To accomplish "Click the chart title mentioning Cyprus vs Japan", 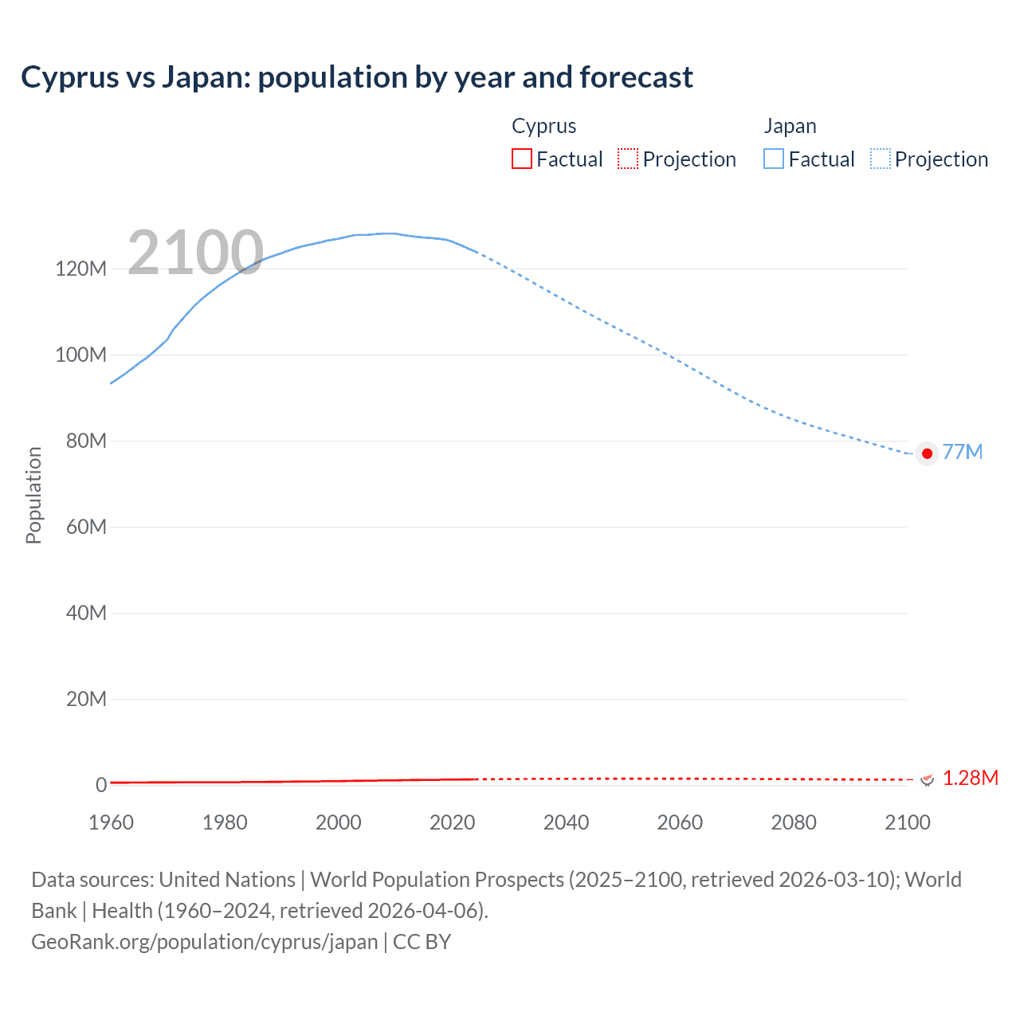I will tap(356, 77).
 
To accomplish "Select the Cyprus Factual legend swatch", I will tap(521, 159).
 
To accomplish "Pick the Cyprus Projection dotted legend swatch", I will tap(628, 159).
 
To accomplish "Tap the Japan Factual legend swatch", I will tap(773, 159).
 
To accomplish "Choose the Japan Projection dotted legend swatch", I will tap(880, 159).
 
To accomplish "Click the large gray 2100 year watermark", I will tap(195, 253).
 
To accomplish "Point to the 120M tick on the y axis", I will tap(80, 269).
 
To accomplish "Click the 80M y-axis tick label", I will tap(85, 441).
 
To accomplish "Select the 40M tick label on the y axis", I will tap(85, 613).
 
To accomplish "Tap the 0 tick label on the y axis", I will tap(101, 785).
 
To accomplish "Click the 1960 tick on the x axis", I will tap(111, 822).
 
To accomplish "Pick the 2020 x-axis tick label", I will tap(452, 822).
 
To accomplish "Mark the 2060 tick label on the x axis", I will tap(680, 822).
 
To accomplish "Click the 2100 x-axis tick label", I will tap(907, 822).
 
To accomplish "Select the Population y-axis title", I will tap(33, 495).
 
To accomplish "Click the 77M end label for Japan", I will tap(963, 453).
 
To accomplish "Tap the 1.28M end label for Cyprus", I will tap(970, 778).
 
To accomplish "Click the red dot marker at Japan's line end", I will tap(927, 453).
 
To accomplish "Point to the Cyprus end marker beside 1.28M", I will tap(927, 779).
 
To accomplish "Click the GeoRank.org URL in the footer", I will tap(205, 942).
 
